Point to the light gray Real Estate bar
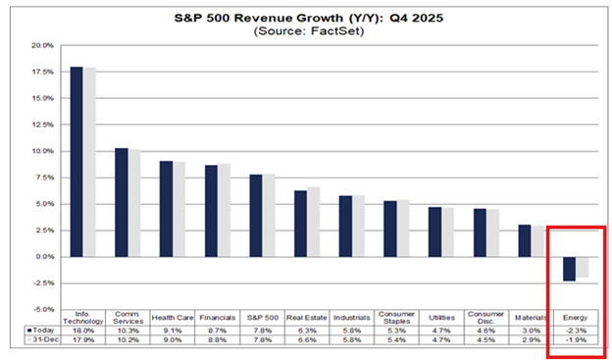pyautogui.click(x=313, y=222)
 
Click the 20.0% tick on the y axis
pyautogui.click(x=41, y=45)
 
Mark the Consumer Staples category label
pyautogui.click(x=395, y=318)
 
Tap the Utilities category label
pyautogui.click(x=440, y=318)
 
